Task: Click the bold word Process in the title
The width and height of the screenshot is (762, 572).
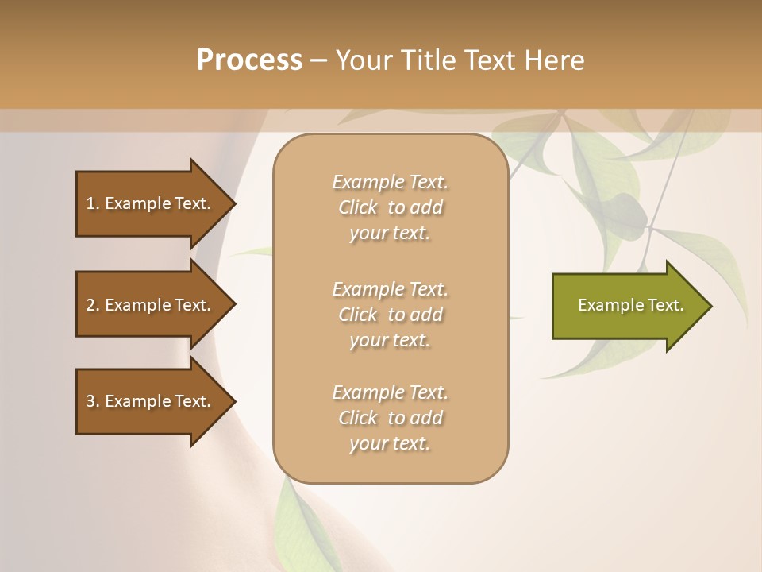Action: click(x=249, y=60)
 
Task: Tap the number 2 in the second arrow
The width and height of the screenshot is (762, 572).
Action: click(x=90, y=305)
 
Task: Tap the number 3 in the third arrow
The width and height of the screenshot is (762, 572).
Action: click(x=90, y=401)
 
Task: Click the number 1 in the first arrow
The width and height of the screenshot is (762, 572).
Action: click(x=90, y=203)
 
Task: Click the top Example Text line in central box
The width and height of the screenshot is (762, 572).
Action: click(x=390, y=182)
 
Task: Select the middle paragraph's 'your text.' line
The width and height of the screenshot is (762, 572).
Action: click(x=390, y=340)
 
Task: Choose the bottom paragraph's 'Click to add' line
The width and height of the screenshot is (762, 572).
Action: click(x=390, y=418)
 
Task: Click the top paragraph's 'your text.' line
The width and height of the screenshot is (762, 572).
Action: click(x=390, y=233)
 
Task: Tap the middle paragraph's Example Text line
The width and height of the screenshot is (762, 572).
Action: click(x=390, y=288)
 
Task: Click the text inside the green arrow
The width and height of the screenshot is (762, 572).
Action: click(x=630, y=305)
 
